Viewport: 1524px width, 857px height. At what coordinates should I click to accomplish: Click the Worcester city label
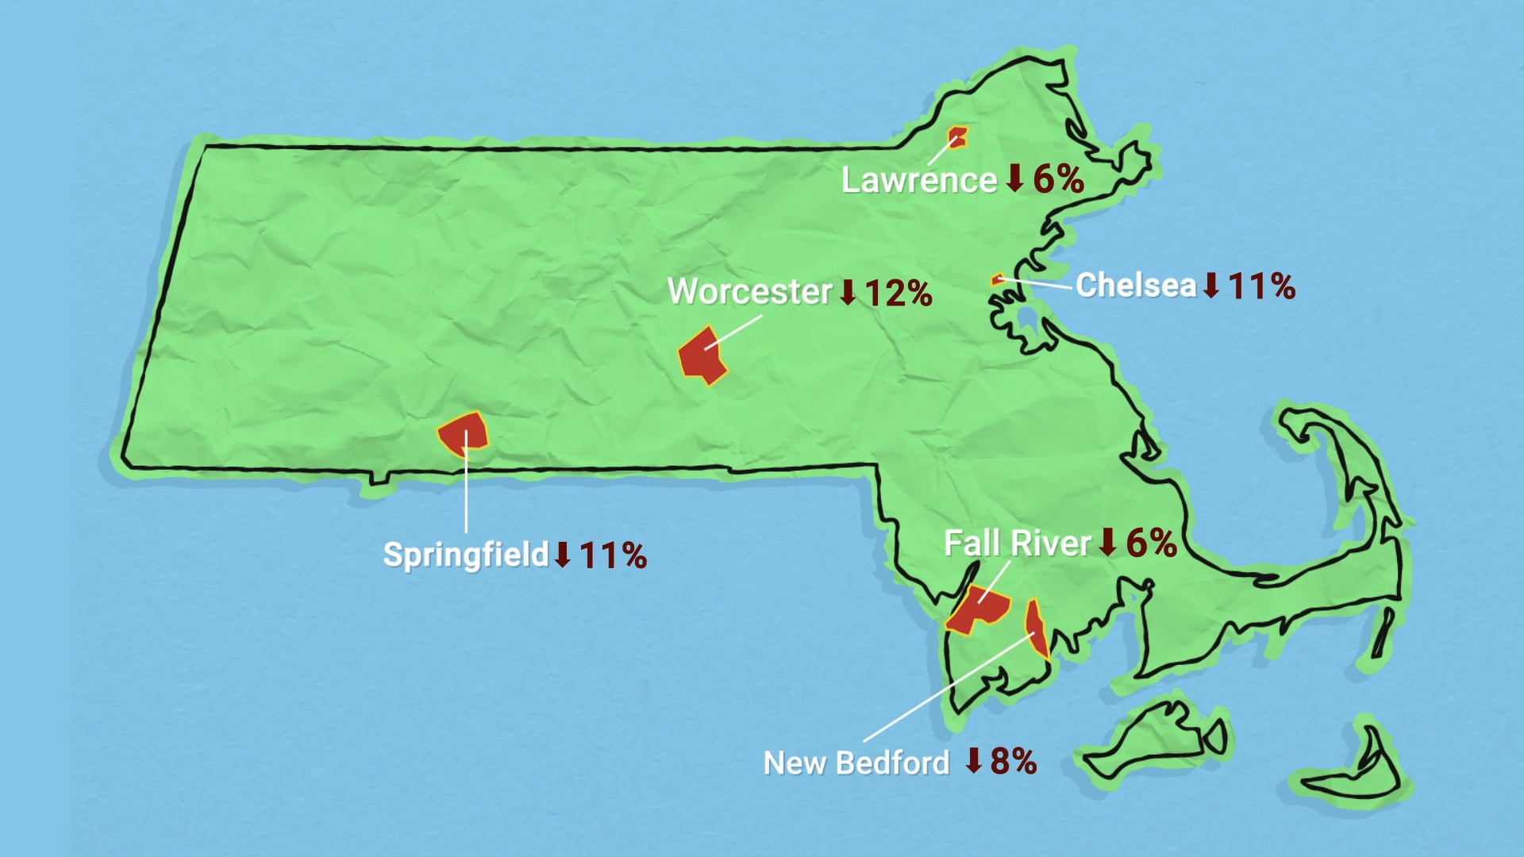(749, 291)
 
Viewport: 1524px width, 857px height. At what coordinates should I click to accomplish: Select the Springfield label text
(466, 554)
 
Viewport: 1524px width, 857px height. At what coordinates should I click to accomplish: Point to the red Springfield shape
(463, 432)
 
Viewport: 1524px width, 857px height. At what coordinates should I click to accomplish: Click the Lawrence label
(919, 180)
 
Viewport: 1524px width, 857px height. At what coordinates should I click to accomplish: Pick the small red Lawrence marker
(957, 137)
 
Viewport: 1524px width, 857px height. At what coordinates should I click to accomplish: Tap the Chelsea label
(1136, 285)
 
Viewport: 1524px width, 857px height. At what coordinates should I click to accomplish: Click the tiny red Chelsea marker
(997, 279)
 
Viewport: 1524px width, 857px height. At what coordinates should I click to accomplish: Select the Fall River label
(1018, 544)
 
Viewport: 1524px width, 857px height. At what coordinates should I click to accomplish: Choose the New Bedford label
(856, 763)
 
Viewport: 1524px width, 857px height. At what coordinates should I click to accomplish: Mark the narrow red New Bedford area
(1036, 628)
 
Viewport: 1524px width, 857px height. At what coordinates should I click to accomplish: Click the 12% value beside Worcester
(898, 293)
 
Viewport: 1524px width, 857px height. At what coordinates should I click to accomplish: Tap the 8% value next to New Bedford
(1014, 761)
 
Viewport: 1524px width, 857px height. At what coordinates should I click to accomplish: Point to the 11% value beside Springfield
(613, 555)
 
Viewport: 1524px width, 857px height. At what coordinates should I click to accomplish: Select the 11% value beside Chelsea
(1261, 286)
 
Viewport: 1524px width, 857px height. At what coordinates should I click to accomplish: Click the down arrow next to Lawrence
(1014, 178)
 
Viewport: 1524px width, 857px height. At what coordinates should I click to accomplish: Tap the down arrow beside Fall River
(1108, 542)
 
